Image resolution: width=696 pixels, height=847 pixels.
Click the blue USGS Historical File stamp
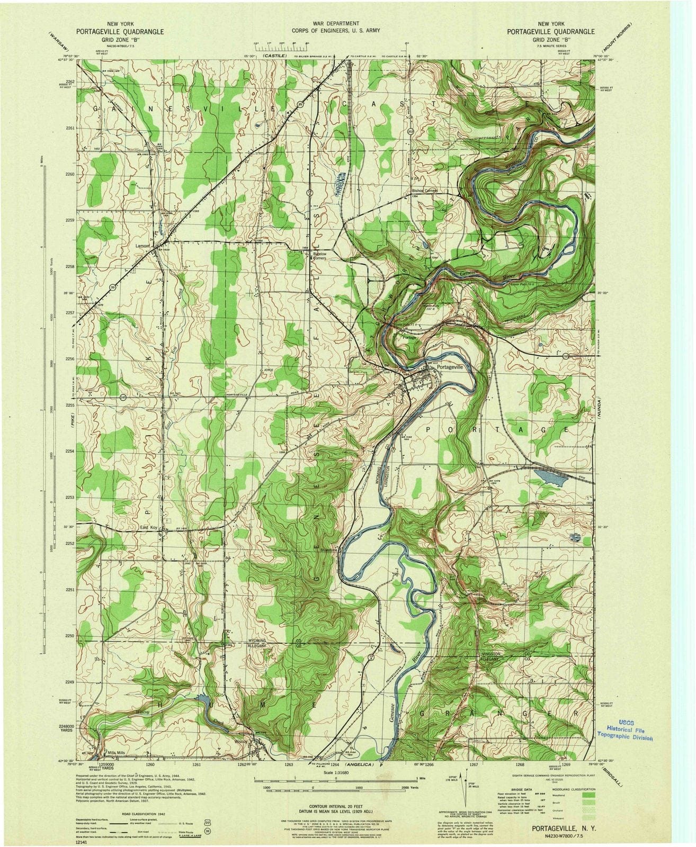pyautogui.click(x=625, y=731)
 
